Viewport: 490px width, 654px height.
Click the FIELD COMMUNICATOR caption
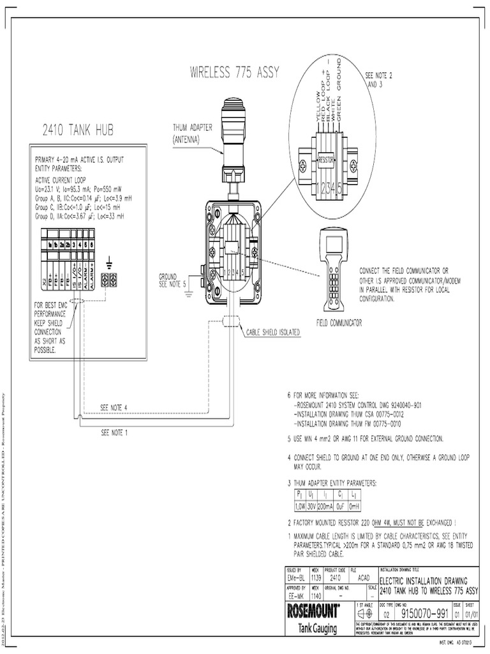339,323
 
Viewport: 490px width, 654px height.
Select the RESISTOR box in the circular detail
326,157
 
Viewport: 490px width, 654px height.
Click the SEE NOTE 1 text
114,432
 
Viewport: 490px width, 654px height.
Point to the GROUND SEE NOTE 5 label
172,280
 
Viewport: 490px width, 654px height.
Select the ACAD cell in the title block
364,577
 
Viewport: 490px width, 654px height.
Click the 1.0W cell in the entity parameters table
300,505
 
